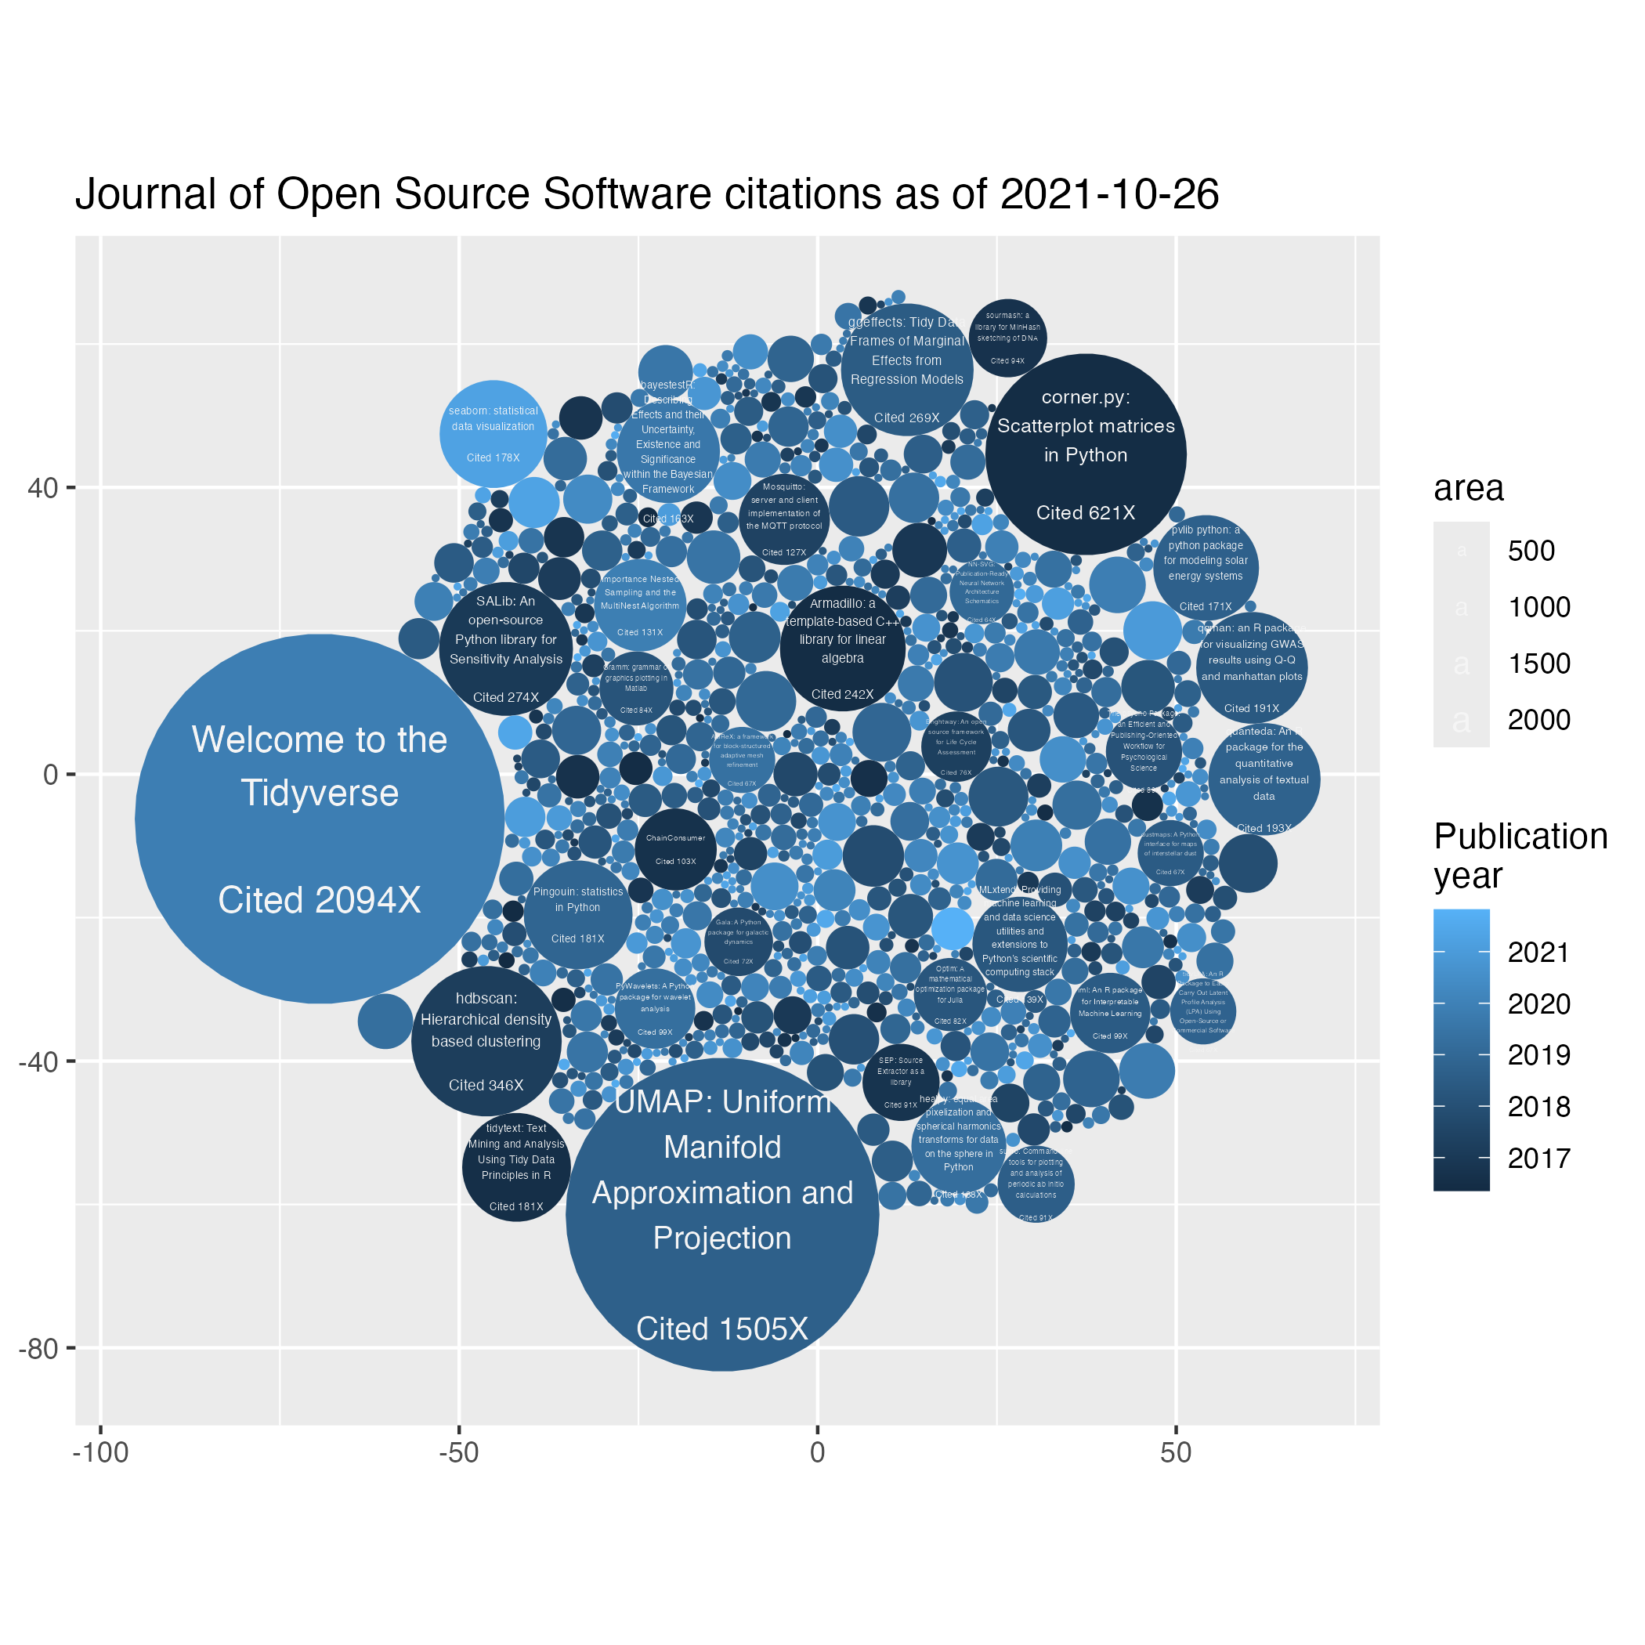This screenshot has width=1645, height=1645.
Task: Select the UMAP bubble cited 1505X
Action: [x=722, y=1214]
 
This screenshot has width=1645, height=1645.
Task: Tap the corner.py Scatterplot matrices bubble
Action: [x=1086, y=454]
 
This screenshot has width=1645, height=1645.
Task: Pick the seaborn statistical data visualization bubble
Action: [x=493, y=434]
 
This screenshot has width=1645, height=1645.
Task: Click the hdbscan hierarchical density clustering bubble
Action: [x=486, y=1040]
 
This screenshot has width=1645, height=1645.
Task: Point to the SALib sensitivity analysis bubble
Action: [x=506, y=649]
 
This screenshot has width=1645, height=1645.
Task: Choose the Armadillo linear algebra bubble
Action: [x=842, y=649]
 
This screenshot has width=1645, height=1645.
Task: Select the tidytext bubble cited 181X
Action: [x=516, y=1167]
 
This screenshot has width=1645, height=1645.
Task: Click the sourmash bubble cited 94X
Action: [x=1007, y=338]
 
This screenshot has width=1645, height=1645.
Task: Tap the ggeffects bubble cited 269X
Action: [x=907, y=370]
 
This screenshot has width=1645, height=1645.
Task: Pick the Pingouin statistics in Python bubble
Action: [x=578, y=915]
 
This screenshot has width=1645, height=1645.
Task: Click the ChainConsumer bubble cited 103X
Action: [x=675, y=849]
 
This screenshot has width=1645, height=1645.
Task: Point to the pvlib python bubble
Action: [x=1206, y=567]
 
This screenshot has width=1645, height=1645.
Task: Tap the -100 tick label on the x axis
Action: [x=100, y=1452]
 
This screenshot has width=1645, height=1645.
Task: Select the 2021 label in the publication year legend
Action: [x=1538, y=953]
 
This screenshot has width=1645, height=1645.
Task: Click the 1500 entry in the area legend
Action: [x=1538, y=664]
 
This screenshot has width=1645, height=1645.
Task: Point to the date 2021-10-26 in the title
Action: [x=1109, y=194]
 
